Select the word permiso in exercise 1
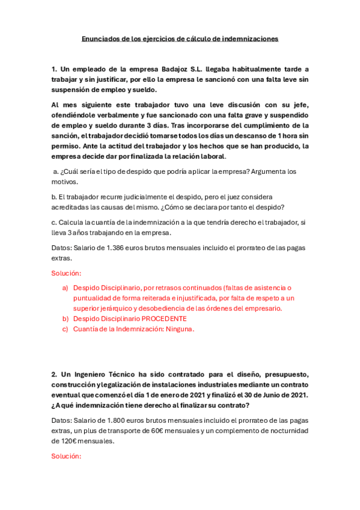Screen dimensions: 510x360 (66, 146)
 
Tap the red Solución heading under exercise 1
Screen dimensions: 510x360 (67, 273)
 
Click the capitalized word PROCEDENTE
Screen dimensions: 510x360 (165, 318)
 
